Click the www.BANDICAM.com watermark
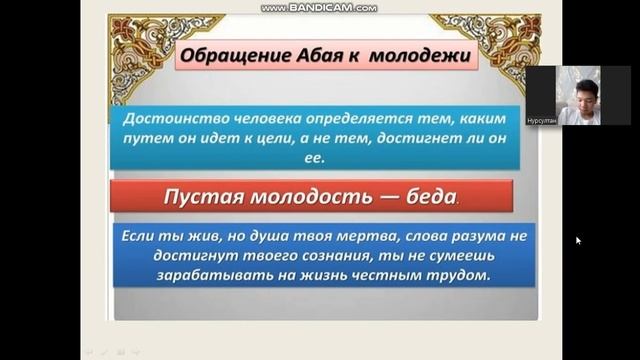point(319,7)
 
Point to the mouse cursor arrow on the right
point(578,240)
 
